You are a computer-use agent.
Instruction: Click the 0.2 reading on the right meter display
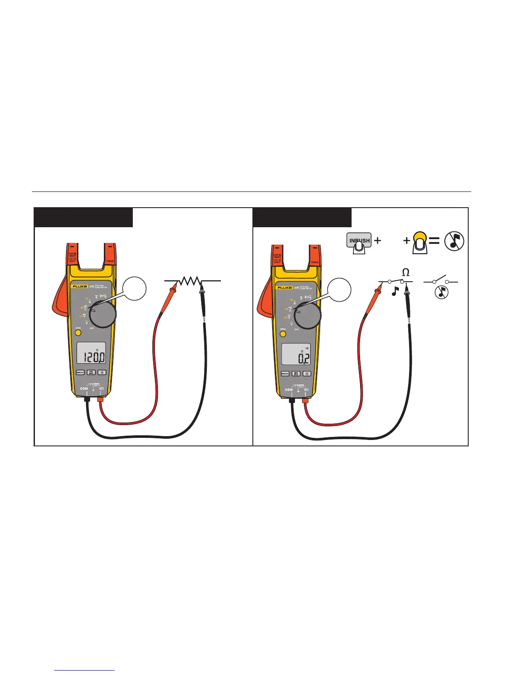pos(303,358)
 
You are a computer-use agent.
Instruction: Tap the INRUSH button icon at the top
pos(359,241)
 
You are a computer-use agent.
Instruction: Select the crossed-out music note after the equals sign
pos(454,241)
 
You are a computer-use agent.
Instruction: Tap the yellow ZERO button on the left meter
pos(78,333)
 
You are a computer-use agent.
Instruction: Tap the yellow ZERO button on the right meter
pos(283,334)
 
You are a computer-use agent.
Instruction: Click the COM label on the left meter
pos(84,388)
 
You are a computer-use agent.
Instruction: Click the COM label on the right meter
pos(289,389)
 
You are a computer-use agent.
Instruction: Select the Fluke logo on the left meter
pos(80,287)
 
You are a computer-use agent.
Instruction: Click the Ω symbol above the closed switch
pos(406,272)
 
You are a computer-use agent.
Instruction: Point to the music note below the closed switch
pos(395,291)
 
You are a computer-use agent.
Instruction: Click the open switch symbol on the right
pos(441,281)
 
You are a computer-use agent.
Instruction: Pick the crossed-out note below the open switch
pos(441,292)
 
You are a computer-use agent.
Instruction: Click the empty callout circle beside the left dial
pos(134,289)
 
